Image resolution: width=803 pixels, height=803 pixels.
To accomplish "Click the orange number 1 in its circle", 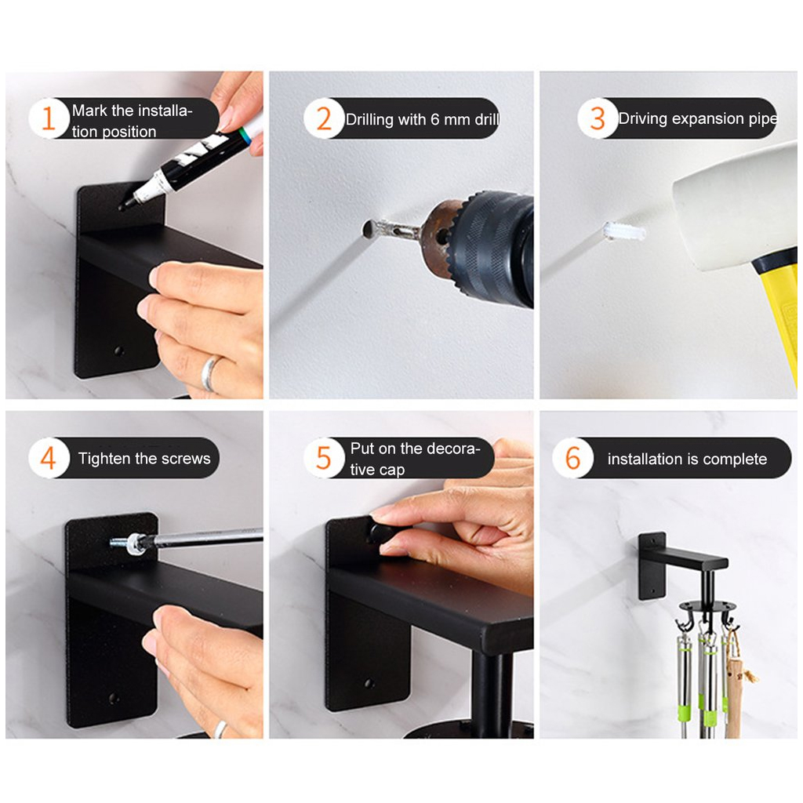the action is [x=49, y=118].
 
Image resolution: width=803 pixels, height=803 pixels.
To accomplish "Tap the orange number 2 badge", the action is [x=324, y=118].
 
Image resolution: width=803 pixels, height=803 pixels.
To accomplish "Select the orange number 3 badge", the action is [x=598, y=118].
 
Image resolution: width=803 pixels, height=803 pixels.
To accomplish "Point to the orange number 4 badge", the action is [x=49, y=458].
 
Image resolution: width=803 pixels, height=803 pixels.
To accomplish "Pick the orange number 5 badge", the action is [x=324, y=458].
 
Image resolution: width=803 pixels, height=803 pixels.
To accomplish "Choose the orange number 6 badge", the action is [x=572, y=458].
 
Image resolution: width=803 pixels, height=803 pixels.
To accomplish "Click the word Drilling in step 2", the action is [x=369, y=120].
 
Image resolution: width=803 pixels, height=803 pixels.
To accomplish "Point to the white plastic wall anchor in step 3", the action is [x=623, y=231].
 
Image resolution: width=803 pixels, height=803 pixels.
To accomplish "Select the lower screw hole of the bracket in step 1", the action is [x=118, y=352].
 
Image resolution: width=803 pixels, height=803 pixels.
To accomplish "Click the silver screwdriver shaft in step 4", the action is [x=205, y=538].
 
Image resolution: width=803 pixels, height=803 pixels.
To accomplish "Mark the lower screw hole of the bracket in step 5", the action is [x=369, y=684].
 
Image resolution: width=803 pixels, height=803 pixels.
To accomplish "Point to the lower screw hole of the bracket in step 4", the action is [x=113, y=698].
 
